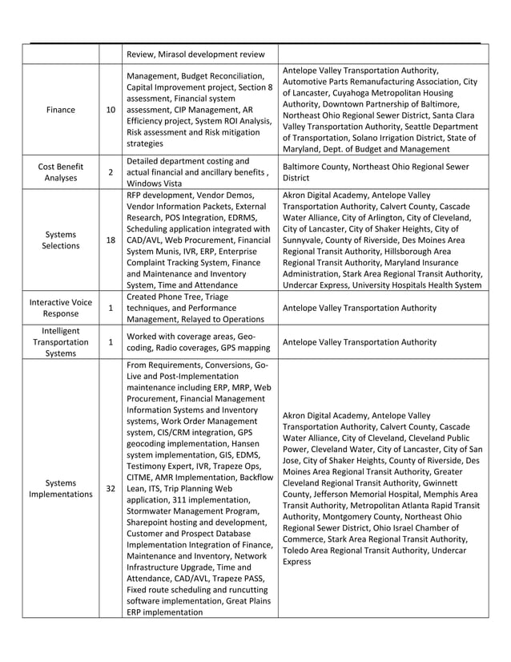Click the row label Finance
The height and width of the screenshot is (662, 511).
pyautogui.click(x=61, y=110)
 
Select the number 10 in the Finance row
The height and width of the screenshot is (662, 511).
pyautogui.click(x=110, y=110)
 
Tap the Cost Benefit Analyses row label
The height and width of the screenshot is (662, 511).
pyautogui.click(x=61, y=172)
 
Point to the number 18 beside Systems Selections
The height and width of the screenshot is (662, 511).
pyautogui.click(x=110, y=240)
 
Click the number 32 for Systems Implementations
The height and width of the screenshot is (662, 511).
pyautogui.click(x=110, y=489)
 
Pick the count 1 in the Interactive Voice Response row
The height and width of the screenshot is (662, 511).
pyautogui.click(x=110, y=308)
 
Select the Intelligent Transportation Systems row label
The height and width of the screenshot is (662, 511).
pyautogui.click(x=61, y=341)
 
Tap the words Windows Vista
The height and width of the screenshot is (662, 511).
pyautogui.click(x=154, y=184)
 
